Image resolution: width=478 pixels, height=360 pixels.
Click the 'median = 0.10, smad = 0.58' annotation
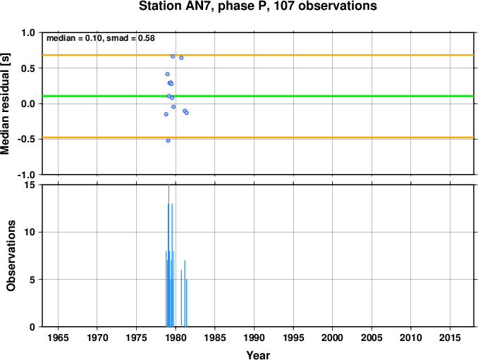pos(101,38)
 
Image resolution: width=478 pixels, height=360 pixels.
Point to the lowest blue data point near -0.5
pos(168,140)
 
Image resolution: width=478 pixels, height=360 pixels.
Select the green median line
pos(258,97)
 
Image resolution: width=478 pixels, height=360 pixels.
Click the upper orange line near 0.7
pos(258,55)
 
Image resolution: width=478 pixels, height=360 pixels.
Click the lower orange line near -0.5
pos(258,137)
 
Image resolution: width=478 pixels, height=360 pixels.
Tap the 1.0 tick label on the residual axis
pos(28,32)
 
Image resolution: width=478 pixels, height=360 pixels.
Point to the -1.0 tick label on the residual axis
pos(26,175)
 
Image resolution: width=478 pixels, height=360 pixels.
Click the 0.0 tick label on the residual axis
pos(28,104)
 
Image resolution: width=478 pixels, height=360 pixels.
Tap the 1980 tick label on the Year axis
pos(176,337)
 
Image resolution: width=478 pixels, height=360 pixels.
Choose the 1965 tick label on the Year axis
pos(58,337)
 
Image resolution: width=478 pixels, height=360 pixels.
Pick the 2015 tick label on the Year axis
pos(450,337)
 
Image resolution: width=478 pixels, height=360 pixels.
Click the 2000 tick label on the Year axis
pos(332,337)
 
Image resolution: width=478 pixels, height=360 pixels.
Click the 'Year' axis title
pos(258,355)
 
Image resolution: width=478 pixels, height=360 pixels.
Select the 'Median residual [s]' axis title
pos(5,104)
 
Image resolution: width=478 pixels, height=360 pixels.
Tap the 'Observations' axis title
pos(11,256)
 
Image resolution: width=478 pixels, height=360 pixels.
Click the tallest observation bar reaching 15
pos(169,256)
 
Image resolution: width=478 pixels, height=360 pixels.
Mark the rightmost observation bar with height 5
pos(186,303)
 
